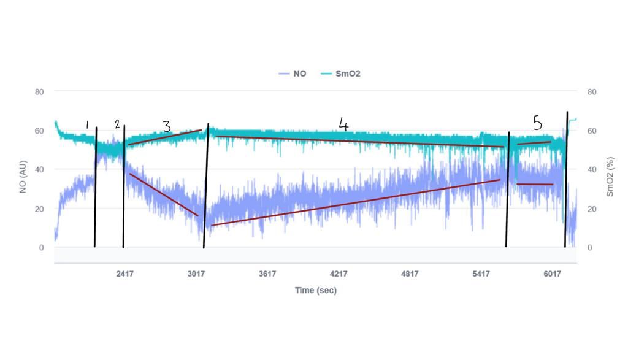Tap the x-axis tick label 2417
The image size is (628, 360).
(x=125, y=274)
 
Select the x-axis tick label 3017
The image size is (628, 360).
(x=196, y=274)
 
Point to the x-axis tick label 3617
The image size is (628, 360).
(x=267, y=274)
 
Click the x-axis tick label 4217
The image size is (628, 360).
(x=339, y=274)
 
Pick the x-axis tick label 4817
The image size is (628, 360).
(x=410, y=274)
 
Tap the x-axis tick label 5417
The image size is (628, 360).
(x=481, y=274)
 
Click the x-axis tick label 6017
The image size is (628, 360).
(x=552, y=274)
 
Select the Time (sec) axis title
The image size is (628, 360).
(x=316, y=290)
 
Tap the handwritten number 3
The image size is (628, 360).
(x=167, y=126)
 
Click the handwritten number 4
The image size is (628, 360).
(x=343, y=124)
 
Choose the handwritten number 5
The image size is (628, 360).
(x=537, y=123)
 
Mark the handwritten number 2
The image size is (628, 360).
(x=117, y=124)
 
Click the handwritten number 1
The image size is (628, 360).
(x=87, y=125)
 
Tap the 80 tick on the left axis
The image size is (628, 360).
(x=39, y=92)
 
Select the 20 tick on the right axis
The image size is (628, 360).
(x=592, y=209)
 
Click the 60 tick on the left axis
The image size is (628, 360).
(x=39, y=131)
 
